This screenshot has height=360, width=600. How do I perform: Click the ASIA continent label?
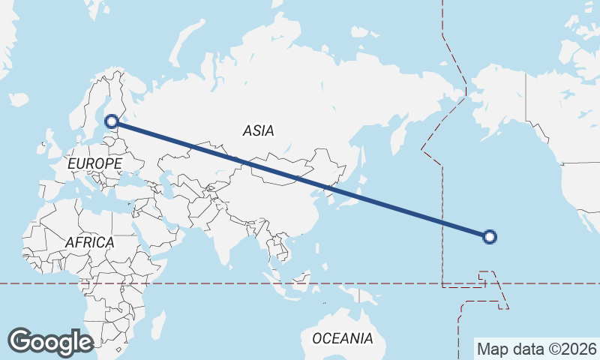point(258,130)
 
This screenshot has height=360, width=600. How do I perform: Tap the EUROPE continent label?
point(94,163)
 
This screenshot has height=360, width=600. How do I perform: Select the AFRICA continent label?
point(89,242)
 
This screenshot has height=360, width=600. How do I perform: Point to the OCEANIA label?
point(342,338)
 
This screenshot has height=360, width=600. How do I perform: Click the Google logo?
point(50,341)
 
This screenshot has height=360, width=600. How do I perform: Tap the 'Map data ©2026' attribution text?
point(537,349)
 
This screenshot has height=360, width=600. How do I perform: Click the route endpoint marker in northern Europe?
point(112,121)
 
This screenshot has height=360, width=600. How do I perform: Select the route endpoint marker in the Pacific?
point(490,237)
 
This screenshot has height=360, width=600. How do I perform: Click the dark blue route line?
point(300,178)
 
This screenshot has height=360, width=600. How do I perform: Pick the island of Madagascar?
point(157,324)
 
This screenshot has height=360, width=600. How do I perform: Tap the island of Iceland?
point(18,98)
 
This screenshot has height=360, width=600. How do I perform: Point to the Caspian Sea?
point(167,184)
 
